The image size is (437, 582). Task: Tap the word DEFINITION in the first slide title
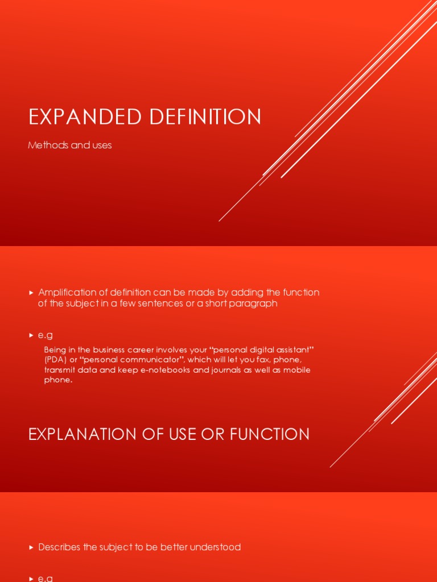[205, 117]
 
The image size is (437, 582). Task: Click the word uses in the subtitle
[102, 145]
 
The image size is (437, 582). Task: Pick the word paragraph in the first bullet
[253, 304]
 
